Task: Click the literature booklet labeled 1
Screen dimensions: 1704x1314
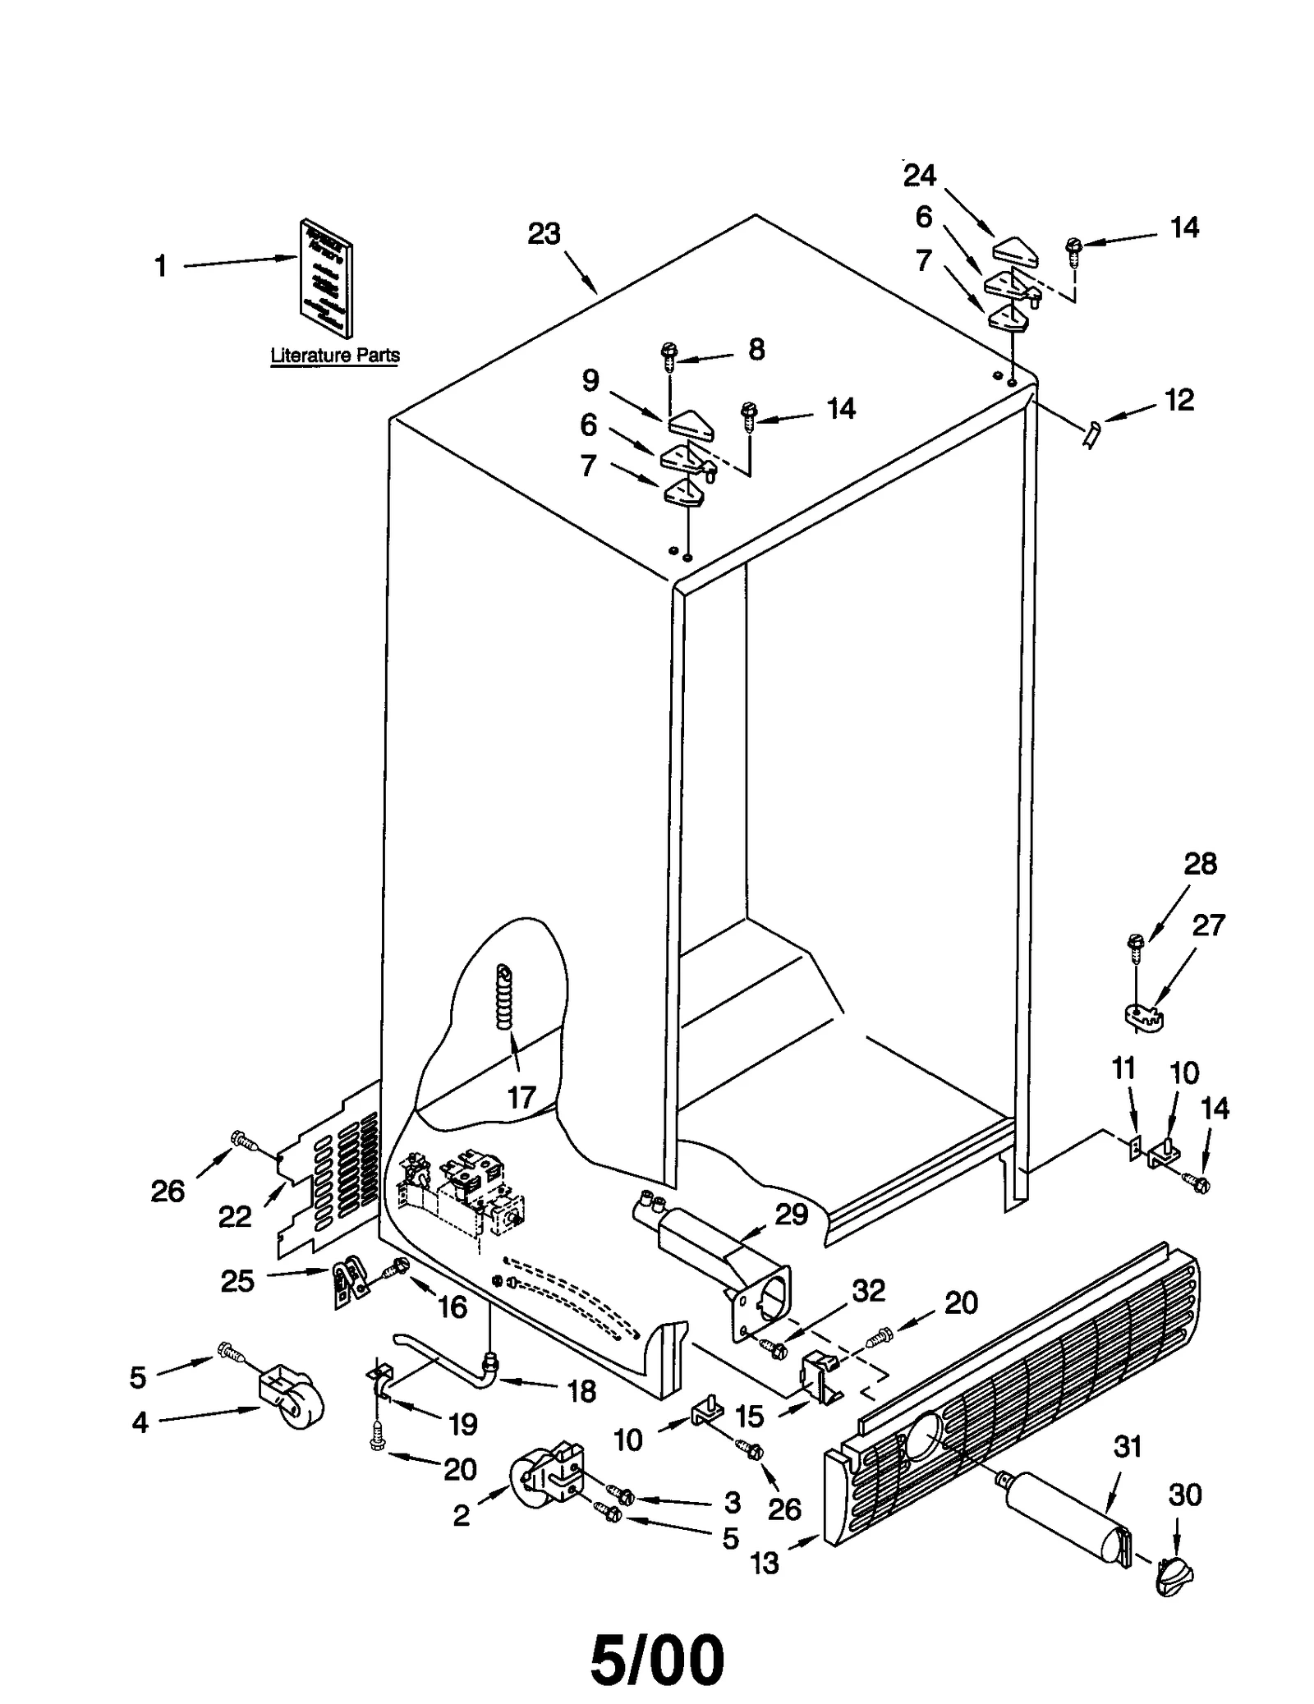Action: click(326, 279)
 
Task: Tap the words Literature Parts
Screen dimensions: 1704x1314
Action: click(335, 356)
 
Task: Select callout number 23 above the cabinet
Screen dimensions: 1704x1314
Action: click(544, 234)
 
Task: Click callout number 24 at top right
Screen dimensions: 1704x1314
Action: click(919, 175)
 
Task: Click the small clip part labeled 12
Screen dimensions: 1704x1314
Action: click(1091, 433)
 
